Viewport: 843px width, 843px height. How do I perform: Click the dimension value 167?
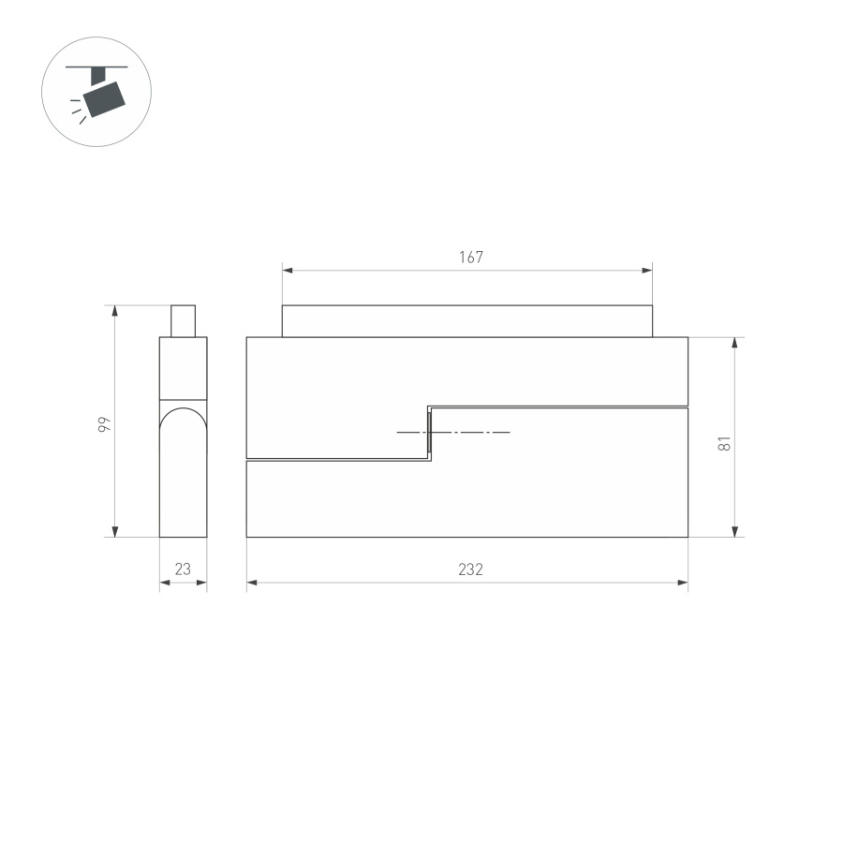pos(471,258)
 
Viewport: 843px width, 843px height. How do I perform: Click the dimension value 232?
pos(471,569)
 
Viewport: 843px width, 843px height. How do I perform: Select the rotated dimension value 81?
pos(724,443)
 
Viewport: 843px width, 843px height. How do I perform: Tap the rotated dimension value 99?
pos(105,424)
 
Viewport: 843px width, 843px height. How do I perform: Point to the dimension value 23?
pos(183,569)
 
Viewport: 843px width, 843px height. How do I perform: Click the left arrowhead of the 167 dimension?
pos(288,271)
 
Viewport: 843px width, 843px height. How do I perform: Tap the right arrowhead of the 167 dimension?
pos(647,271)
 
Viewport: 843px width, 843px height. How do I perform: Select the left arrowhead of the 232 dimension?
pos(252,583)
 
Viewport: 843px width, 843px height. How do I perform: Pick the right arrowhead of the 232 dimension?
pos(683,583)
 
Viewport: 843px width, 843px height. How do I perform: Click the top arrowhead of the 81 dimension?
pos(735,343)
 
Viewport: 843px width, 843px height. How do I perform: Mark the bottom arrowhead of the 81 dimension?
pos(735,531)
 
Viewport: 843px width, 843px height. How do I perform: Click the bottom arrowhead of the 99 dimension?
pos(115,531)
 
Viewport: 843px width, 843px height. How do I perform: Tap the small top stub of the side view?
pos(183,320)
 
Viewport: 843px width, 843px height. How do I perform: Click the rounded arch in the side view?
pos(183,417)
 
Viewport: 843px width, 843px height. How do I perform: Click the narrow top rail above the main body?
pos(466,320)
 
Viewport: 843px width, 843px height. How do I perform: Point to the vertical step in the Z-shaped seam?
pos(429,433)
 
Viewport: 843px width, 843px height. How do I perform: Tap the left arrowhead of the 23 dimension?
pos(165,583)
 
